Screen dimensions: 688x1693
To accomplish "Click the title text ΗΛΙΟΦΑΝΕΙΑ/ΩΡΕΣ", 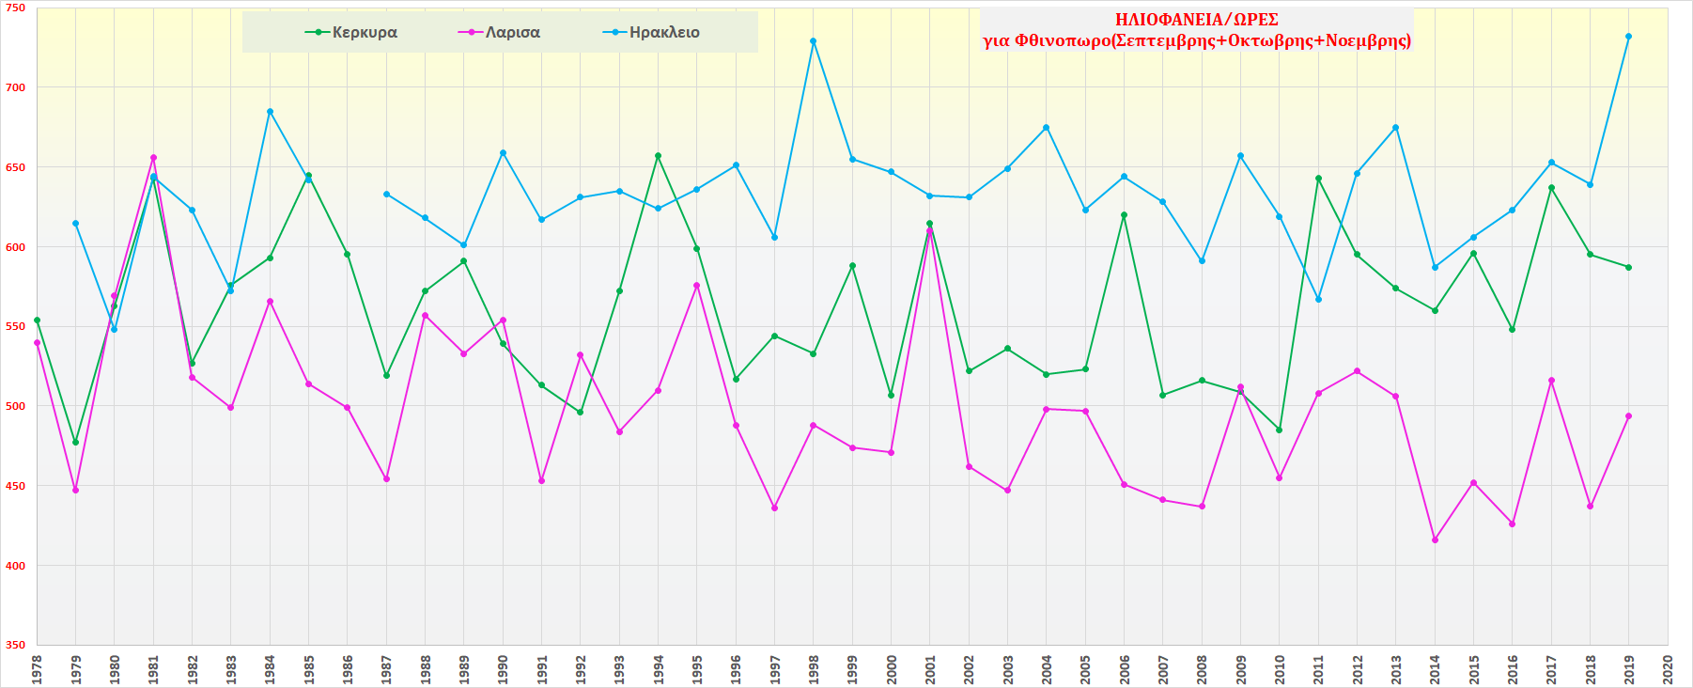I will click(1196, 20).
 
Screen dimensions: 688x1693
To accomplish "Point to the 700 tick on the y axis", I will click(16, 87).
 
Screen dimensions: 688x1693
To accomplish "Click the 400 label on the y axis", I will click(16, 566).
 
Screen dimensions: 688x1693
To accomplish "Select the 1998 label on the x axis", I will click(814, 669).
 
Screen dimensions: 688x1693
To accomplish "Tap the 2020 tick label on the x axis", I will click(1668, 669).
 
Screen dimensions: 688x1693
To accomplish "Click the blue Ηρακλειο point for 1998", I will click(814, 41).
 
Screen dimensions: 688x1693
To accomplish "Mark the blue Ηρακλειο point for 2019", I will click(1629, 37).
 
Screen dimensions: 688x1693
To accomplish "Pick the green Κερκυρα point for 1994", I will click(658, 156).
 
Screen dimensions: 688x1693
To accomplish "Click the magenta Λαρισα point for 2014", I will click(1435, 540).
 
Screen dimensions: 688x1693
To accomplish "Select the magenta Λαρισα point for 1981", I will click(153, 158).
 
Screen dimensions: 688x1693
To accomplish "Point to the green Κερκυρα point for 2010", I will click(1280, 430).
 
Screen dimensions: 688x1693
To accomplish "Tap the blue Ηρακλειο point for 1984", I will click(270, 112).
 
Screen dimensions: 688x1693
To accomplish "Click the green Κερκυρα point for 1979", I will click(76, 443).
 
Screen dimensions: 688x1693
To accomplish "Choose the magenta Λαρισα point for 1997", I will click(774, 508).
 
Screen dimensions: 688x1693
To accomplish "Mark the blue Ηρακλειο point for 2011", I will click(1318, 300).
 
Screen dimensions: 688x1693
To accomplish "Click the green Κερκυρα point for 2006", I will click(1124, 215).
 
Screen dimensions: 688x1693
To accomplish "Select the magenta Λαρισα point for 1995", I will click(697, 286).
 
